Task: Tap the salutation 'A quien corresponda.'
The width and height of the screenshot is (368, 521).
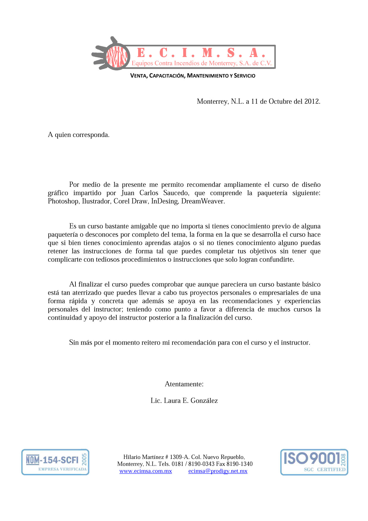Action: tap(79, 135)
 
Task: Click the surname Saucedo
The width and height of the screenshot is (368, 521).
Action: tap(176, 193)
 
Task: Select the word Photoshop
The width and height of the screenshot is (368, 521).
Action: tap(63, 201)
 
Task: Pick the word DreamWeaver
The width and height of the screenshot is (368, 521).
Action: tap(203, 201)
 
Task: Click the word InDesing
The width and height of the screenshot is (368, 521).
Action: tap(165, 201)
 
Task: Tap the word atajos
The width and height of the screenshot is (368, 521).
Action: tap(182, 243)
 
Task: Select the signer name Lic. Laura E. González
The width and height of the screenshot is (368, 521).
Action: tap(184, 401)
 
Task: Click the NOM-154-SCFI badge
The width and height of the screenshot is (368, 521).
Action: tap(55, 462)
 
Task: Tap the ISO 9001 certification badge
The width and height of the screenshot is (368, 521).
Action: tap(314, 462)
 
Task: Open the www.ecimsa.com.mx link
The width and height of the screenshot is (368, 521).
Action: tap(146, 471)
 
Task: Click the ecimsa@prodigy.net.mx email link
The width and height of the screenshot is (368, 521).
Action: tap(218, 471)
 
